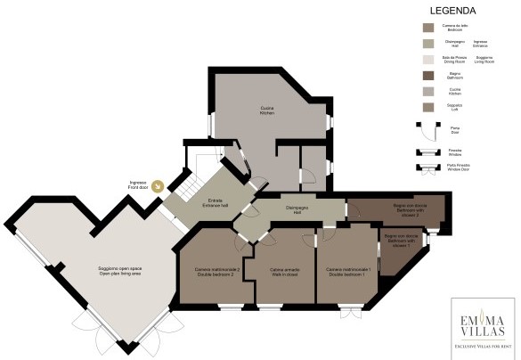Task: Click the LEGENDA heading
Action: tap(452, 11)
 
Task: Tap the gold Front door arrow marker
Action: tap(159, 186)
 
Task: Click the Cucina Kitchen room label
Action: tap(266, 110)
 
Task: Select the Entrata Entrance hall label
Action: tap(215, 202)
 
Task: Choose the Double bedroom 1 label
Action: tap(347, 273)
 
